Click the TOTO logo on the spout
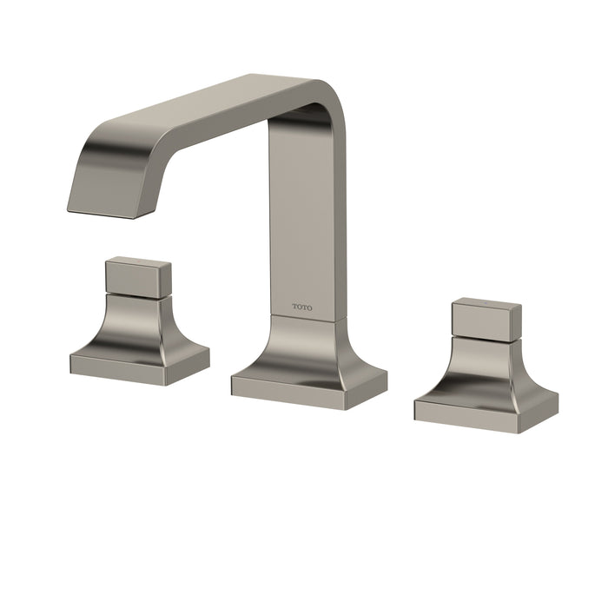pos(302,307)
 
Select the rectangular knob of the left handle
pos(137,277)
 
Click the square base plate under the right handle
pos(486,404)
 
